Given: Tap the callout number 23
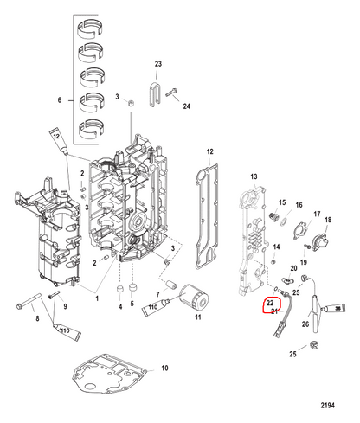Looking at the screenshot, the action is coord(158,64).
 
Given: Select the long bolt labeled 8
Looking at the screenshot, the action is coord(29,301).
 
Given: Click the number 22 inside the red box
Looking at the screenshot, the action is coord(270,303).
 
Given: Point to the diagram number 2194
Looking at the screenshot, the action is coord(328,406).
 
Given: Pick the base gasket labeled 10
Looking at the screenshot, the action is coord(109,375).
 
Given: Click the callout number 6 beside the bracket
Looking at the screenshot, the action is coord(60,100).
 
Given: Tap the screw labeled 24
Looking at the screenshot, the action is coord(171,93).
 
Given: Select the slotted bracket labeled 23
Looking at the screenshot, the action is coord(154,94).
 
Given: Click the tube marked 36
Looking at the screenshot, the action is coord(335,308).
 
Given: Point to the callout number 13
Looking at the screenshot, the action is coord(254,176).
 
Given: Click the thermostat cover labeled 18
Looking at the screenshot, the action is coord(320,242).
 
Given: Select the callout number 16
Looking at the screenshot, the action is coord(299,205).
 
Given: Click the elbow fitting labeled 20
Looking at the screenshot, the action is coord(287,279).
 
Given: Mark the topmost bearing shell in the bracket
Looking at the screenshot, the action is coord(90,29).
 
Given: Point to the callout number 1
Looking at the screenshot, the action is coord(97,298).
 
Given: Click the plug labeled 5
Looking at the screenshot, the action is coord(132,288).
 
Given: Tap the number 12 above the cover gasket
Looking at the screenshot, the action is coord(210,151).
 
